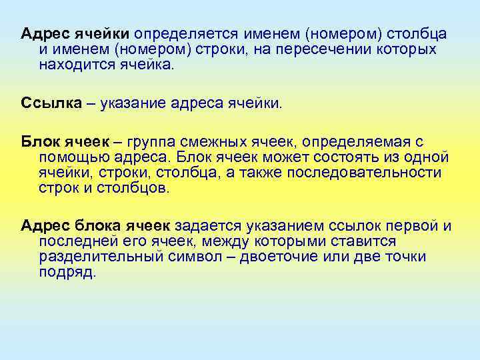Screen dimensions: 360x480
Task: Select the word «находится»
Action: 72,66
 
